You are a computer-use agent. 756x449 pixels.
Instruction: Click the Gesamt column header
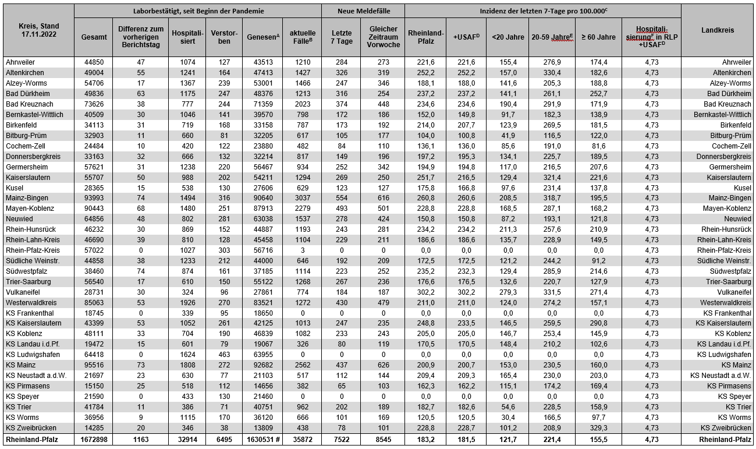click(x=94, y=37)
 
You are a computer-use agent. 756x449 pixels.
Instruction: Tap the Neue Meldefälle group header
click(x=363, y=11)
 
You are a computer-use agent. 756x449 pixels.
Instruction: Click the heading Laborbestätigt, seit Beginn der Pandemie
click(x=198, y=11)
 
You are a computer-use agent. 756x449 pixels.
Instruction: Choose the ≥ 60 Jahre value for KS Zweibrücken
click(x=598, y=427)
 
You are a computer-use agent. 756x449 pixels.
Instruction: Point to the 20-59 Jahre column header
click(x=552, y=37)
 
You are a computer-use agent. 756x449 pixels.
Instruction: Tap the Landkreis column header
click(x=718, y=30)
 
